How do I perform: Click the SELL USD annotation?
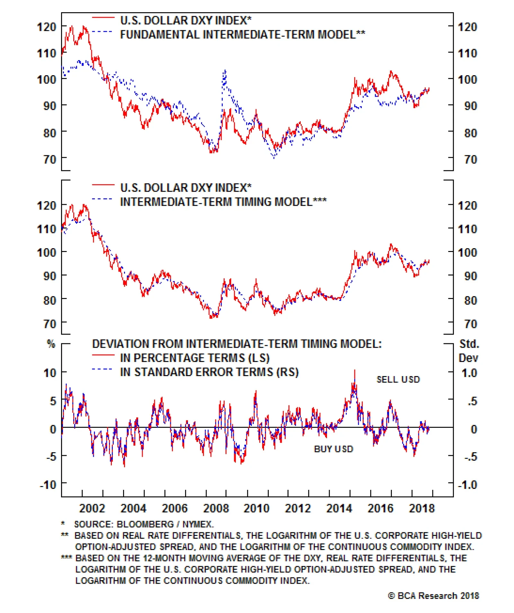tap(398, 379)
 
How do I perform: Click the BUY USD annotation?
tap(333, 449)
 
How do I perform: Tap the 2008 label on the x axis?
tap(216, 508)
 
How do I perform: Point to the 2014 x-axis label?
tap(339, 508)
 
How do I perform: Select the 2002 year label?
tap(92, 508)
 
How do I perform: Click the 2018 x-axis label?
tap(421, 508)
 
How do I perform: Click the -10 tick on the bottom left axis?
tap(48, 484)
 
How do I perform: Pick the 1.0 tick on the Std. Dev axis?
tap(469, 373)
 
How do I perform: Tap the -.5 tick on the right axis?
tap(470, 456)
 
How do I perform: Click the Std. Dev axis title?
tap(469, 351)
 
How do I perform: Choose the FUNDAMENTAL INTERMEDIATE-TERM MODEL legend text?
tap(243, 34)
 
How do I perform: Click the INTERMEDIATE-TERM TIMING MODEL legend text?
tap(223, 202)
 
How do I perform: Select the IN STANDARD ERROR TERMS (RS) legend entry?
tap(209, 372)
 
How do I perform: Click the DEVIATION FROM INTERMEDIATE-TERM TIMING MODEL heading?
tap(237, 344)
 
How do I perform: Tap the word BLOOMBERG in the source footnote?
tap(145, 524)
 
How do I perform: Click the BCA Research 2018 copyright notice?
tap(433, 596)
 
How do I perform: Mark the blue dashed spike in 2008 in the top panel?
tap(225, 71)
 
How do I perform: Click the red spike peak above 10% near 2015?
tap(355, 371)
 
